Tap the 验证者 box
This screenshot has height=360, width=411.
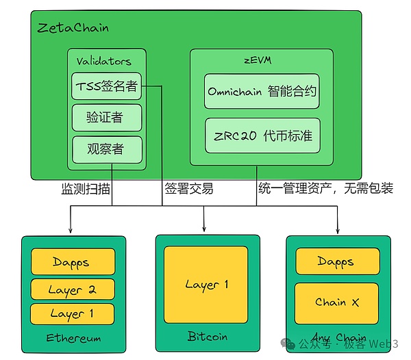[x=106, y=117]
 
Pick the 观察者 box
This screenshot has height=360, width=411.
[x=106, y=149]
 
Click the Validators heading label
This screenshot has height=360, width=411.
[x=103, y=61]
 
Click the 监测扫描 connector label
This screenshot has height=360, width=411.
[x=86, y=188]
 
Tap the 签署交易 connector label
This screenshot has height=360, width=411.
[x=188, y=188]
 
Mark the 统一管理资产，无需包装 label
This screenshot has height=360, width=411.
[x=325, y=188]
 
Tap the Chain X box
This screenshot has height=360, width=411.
[x=337, y=302]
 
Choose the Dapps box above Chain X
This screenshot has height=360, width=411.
[x=337, y=261]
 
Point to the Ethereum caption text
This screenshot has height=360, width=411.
[x=73, y=338]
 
